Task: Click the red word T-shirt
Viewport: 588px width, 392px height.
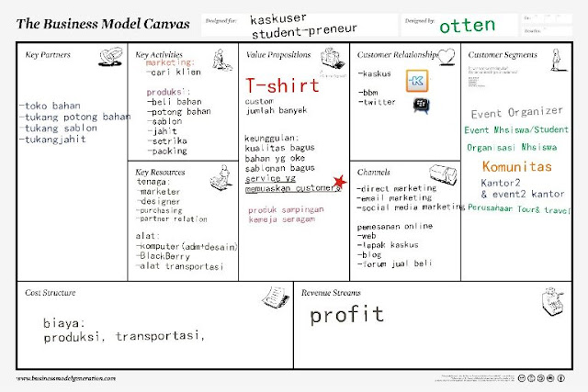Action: point(282,85)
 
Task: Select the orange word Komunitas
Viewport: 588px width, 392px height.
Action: point(516,166)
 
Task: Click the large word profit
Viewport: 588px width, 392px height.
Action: point(345,316)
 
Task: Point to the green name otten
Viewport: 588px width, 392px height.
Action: point(467,25)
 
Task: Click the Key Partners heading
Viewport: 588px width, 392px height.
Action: point(49,55)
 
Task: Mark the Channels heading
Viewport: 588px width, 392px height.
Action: point(373,172)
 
